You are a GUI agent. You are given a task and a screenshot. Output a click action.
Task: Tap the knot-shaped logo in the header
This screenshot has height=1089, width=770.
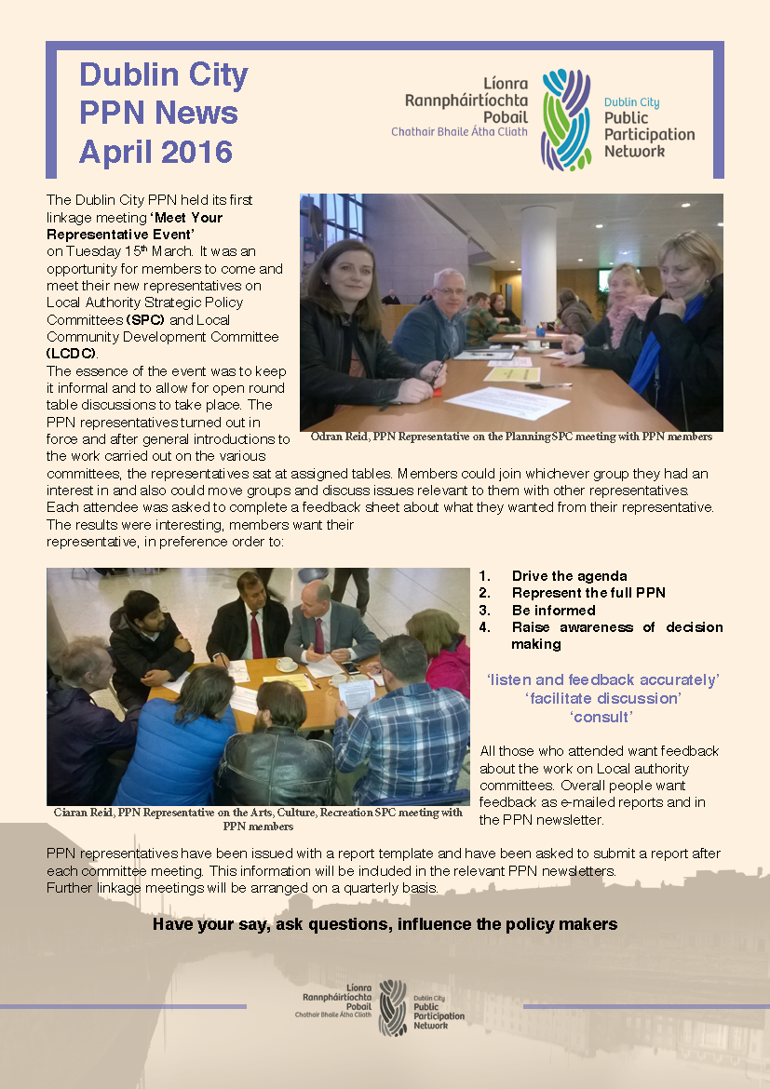pyautogui.click(x=566, y=119)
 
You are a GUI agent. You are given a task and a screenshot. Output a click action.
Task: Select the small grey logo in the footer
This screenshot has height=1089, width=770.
pyautogui.click(x=392, y=1007)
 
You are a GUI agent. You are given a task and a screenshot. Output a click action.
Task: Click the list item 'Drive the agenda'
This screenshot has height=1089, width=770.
pyautogui.click(x=569, y=576)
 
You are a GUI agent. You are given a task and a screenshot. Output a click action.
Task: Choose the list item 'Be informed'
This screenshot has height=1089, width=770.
pyautogui.click(x=553, y=610)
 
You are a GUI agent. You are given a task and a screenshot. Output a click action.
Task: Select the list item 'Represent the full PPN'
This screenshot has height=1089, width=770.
pyautogui.click(x=588, y=593)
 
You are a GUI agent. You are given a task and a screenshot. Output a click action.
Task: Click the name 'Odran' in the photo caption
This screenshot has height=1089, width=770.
pyautogui.click(x=322, y=436)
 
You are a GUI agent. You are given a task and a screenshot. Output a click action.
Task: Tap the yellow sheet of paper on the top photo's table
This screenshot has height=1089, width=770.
pyautogui.click(x=511, y=373)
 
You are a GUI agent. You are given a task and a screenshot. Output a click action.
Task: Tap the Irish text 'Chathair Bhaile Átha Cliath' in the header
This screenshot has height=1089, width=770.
pyautogui.click(x=458, y=132)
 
